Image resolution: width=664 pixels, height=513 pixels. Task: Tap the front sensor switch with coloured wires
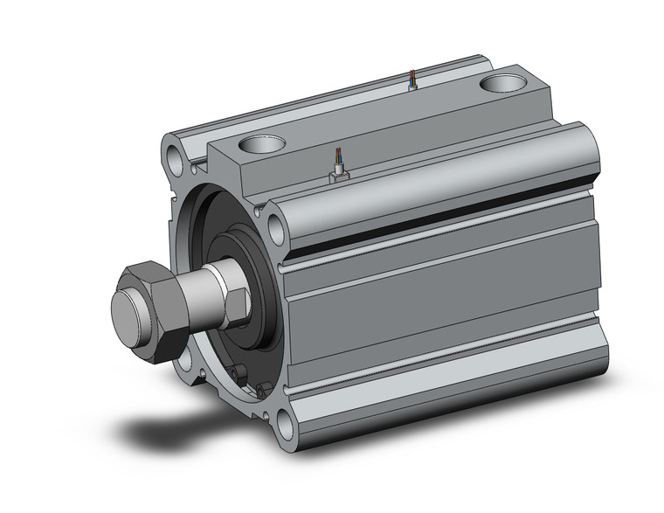[x=337, y=171]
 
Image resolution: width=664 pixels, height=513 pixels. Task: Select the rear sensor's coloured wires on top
[x=412, y=80]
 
